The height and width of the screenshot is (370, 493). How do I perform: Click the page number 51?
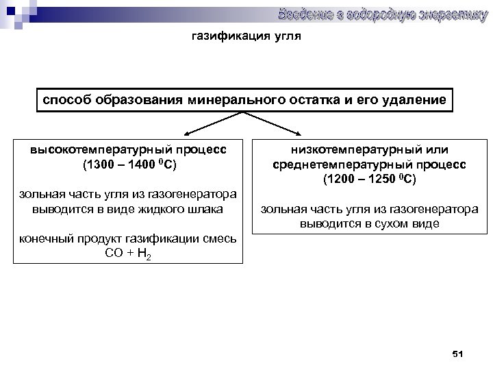coord(458,354)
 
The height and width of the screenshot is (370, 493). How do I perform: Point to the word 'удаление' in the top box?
coord(418,101)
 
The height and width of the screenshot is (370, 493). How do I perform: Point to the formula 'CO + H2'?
coord(127,254)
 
